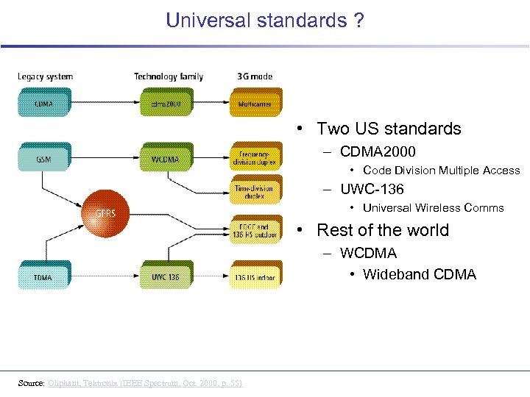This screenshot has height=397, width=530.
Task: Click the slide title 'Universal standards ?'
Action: pyautogui.click(x=265, y=20)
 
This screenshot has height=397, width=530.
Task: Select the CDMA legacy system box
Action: pyautogui.click(x=43, y=104)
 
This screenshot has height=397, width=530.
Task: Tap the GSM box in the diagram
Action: pyautogui.click(x=43, y=159)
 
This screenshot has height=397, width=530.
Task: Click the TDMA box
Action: pyautogui.click(x=43, y=277)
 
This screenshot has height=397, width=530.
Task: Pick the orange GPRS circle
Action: pyautogui.click(x=105, y=214)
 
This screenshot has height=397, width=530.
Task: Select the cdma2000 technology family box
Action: pyautogui.click(x=165, y=104)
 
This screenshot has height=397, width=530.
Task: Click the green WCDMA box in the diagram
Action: pyautogui.click(x=165, y=159)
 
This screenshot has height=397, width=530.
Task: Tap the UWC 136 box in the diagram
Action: pyautogui.click(x=165, y=277)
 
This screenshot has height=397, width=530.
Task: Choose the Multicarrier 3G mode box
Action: pyautogui.click(x=254, y=104)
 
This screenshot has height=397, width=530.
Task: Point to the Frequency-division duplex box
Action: pyautogui.click(x=254, y=159)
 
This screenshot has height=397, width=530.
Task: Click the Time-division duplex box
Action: pyautogui.click(x=254, y=192)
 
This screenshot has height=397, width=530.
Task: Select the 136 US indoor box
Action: pyautogui.click(x=254, y=277)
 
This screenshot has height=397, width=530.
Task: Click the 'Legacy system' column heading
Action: pyautogui.click(x=45, y=76)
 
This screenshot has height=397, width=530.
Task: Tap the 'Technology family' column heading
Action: pyautogui.click(x=169, y=76)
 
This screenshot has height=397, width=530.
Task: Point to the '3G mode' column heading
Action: pyautogui.click(x=255, y=76)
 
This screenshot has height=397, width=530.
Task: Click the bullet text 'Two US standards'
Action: pyautogui.click(x=389, y=129)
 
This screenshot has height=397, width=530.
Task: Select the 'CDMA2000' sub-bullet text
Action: pyautogui.click(x=378, y=152)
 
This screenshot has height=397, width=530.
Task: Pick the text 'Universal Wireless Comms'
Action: pyautogui.click(x=433, y=208)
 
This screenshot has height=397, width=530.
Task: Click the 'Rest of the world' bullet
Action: pyautogui.click(x=382, y=230)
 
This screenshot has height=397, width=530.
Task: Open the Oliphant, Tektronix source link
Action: pyautogui.click(x=144, y=383)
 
